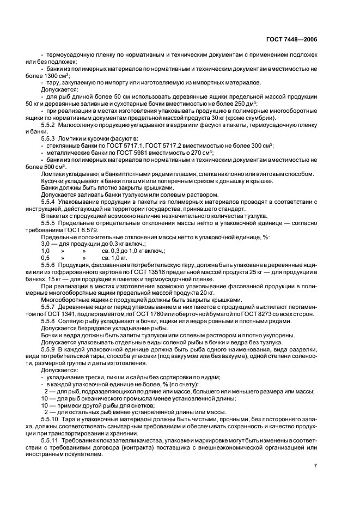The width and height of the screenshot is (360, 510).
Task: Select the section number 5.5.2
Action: [x=50, y=125]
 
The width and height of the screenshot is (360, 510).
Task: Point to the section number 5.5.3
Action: [x=50, y=138]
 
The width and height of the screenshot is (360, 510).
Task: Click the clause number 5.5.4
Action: [x=50, y=202]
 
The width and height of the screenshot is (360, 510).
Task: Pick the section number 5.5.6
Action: [x=50, y=264]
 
